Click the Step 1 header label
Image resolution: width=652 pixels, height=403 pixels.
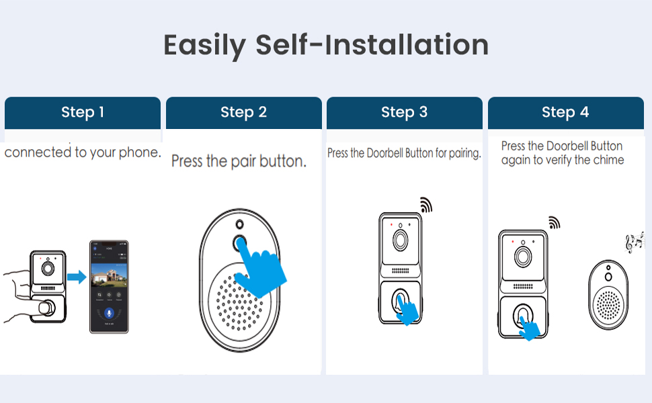point(83,112)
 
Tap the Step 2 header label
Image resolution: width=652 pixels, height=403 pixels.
point(243,112)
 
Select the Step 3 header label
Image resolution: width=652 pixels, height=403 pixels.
point(404,112)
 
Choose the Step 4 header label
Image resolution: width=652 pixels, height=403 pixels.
point(565,112)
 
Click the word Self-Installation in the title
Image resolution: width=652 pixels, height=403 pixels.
point(372,45)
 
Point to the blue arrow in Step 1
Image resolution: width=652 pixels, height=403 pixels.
point(77,276)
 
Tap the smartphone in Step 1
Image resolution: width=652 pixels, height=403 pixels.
point(109,287)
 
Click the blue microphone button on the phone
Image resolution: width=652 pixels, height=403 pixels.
point(109,314)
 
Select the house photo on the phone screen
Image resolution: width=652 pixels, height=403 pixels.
point(109,274)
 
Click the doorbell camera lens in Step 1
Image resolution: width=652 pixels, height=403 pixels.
point(48,267)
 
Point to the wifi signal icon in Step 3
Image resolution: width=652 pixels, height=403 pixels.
point(425,205)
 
